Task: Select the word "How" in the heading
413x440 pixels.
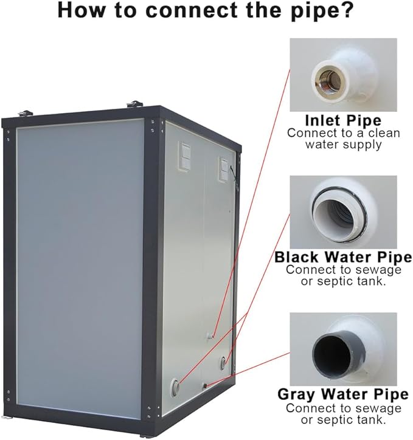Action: [x=81, y=10]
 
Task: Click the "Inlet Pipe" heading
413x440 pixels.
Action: [x=343, y=121]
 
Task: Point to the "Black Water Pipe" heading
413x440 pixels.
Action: [x=343, y=257]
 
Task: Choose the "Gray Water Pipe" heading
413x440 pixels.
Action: [x=343, y=394]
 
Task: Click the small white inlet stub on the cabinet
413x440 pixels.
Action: [x=210, y=335]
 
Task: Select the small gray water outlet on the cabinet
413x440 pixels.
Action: [x=205, y=386]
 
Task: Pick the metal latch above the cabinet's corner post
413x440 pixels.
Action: [x=135, y=104]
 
